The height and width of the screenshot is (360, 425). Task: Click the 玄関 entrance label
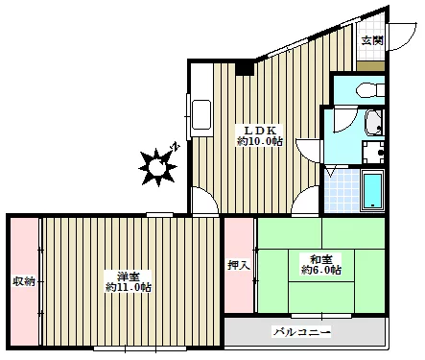(x=372, y=40)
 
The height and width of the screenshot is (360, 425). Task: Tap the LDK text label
(x=260, y=131)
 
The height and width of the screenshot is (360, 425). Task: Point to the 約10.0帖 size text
(x=260, y=141)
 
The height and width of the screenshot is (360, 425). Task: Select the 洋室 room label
(x=129, y=276)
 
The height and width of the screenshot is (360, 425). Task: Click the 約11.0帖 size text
(x=129, y=287)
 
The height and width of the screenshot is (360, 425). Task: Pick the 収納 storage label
(x=24, y=281)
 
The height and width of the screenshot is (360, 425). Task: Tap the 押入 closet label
(x=239, y=265)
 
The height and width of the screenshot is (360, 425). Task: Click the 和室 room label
(x=320, y=258)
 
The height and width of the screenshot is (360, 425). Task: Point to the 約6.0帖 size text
(x=320, y=270)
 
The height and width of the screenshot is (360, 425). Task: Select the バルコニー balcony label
(x=301, y=332)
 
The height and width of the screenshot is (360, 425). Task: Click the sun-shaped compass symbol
(x=157, y=167)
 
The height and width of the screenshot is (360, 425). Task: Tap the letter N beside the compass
(x=176, y=147)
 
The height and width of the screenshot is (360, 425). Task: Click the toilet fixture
(x=370, y=89)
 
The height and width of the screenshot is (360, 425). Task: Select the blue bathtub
(x=372, y=191)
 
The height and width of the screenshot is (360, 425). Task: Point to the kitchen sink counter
(x=201, y=114)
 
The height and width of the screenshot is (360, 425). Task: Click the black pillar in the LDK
(x=245, y=68)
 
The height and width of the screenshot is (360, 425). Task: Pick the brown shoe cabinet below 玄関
(x=370, y=66)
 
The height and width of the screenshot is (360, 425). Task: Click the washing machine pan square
(x=373, y=153)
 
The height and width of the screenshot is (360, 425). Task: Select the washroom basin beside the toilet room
(x=374, y=122)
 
